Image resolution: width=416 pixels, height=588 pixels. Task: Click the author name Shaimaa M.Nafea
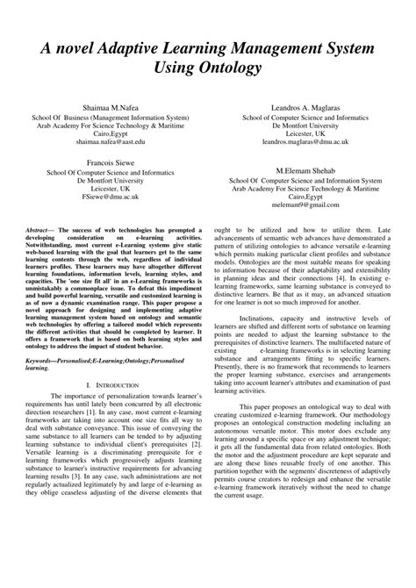click(x=108, y=106)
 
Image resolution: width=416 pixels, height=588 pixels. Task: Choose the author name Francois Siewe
click(x=108, y=162)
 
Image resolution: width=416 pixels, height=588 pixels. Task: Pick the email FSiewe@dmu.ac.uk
click(x=108, y=197)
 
